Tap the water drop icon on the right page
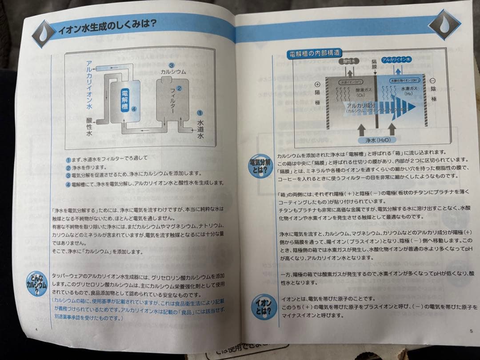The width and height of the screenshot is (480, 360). pyautogui.click(x=444, y=25)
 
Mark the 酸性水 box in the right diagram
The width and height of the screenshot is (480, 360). pyautogui.click(x=349, y=61)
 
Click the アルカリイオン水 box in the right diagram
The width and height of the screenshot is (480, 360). pyautogui.click(x=397, y=59)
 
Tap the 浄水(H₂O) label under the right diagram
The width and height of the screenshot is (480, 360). pyautogui.click(x=377, y=139)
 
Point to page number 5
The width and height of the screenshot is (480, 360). pyautogui.click(x=471, y=331)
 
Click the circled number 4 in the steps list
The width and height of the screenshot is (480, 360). pyautogui.click(x=68, y=184)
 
